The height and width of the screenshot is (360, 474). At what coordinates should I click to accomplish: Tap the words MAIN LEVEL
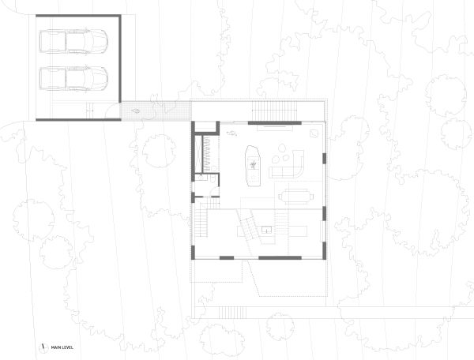click(x=64, y=347)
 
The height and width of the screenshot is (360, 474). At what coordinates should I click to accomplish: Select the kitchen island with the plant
click(x=254, y=164)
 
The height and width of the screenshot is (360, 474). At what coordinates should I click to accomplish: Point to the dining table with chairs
click(x=296, y=194)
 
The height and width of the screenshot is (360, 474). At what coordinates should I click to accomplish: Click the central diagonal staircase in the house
click(x=250, y=228)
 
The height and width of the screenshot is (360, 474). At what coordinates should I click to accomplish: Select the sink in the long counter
click(x=267, y=230)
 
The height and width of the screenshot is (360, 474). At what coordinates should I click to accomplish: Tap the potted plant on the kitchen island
click(x=253, y=164)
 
